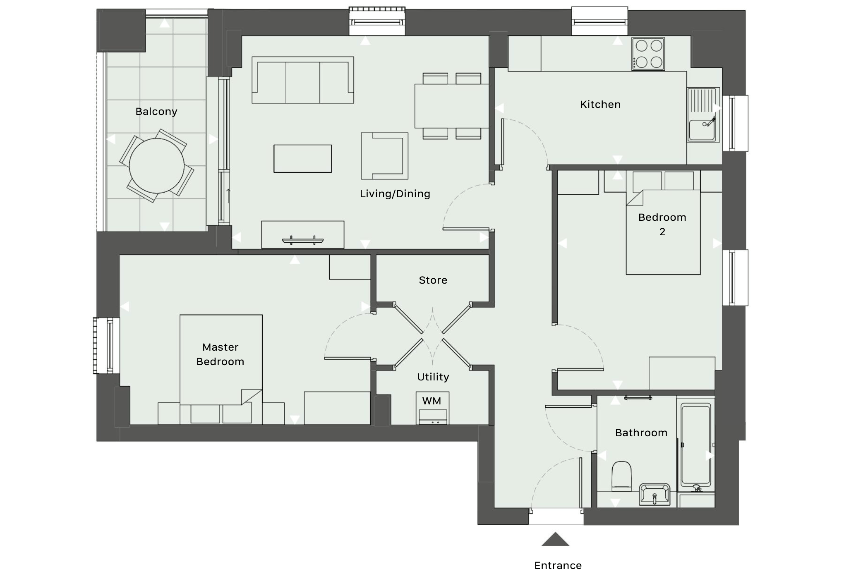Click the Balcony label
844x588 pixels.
[156, 112]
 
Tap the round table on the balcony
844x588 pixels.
[157, 166]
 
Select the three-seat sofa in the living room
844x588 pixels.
[303, 80]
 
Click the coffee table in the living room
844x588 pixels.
[303, 158]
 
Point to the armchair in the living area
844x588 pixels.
[385, 156]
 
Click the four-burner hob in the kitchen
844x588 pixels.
[648, 54]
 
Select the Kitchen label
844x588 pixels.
[600, 105]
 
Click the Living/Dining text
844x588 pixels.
[395, 194]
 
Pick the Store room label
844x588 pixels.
[433, 280]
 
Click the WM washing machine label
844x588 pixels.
[432, 401]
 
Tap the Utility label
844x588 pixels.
[433, 377]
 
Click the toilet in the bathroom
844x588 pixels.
[621, 476]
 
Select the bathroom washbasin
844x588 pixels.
[655, 494]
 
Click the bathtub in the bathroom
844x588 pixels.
[696, 445]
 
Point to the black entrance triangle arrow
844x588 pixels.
[555, 539]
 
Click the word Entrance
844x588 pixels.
[558, 566]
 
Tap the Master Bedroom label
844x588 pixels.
[221, 354]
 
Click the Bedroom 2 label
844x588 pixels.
[662, 225]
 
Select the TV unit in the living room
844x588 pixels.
[303, 234]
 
